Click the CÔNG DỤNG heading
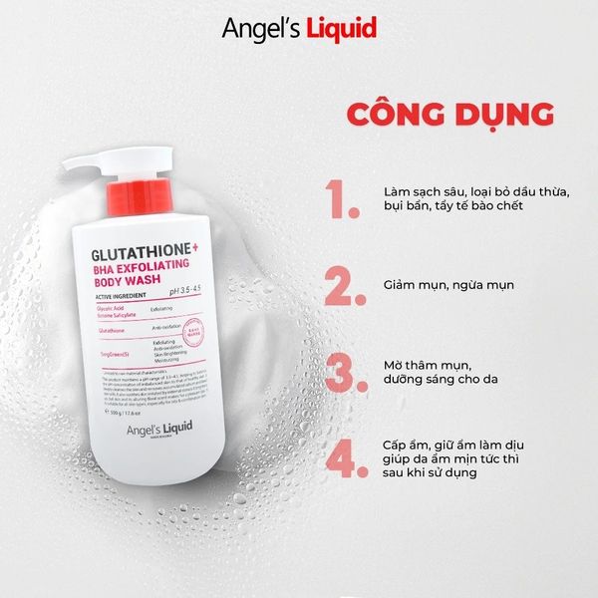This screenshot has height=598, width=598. coord(450,113)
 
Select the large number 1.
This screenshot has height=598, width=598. coord(341,198)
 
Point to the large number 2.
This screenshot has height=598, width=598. coord(341,285)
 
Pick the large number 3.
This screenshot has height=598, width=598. coord(341,372)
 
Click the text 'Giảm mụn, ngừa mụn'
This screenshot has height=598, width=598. coord(448,285)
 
